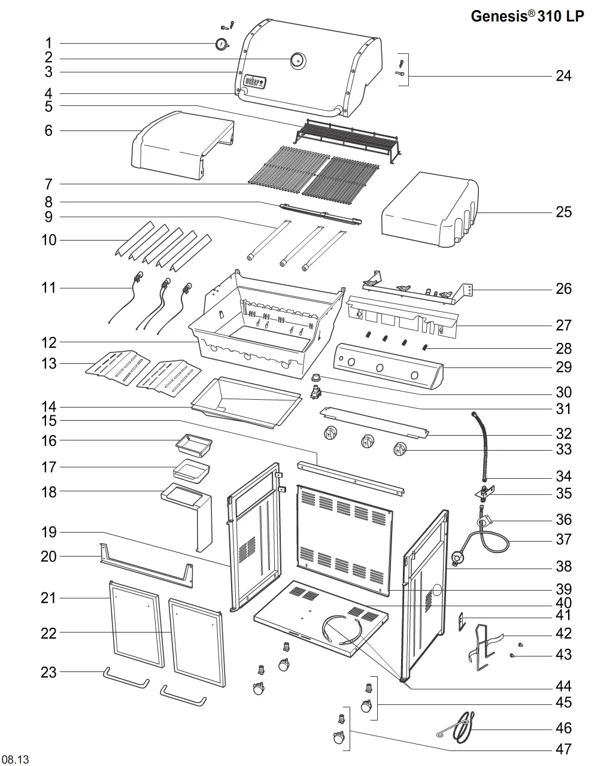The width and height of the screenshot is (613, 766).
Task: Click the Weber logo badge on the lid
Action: (x=254, y=82)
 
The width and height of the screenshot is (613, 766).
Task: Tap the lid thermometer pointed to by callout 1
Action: (x=221, y=44)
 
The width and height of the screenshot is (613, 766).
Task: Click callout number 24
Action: (x=563, y=75)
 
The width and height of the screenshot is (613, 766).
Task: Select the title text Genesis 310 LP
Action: (x=527, y=16)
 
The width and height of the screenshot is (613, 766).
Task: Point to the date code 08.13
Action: (x=15, y=759)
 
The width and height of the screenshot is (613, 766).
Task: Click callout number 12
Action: (x=49, y=342)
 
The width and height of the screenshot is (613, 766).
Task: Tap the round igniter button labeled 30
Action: (x=315, y=377)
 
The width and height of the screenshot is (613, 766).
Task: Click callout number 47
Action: (x=563, y=749)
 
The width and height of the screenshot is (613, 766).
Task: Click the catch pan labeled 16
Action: (x=194, y=445)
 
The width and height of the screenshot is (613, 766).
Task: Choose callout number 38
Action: (x=563, y=566)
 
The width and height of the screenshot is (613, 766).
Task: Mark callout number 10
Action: (x=49, y=240)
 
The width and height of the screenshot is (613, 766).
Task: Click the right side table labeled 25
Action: (x=430, y=209)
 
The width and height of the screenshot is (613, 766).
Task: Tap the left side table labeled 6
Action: (x=183, y=145)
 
